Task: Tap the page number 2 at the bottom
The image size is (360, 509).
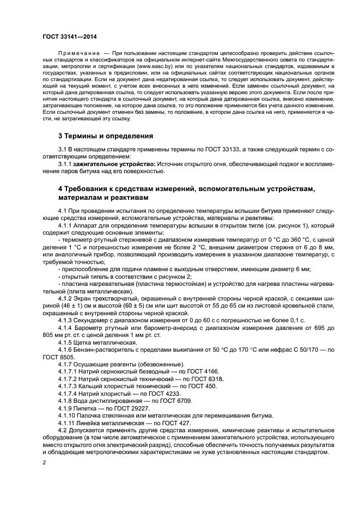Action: pyautogui.click(x=45, y=462)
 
